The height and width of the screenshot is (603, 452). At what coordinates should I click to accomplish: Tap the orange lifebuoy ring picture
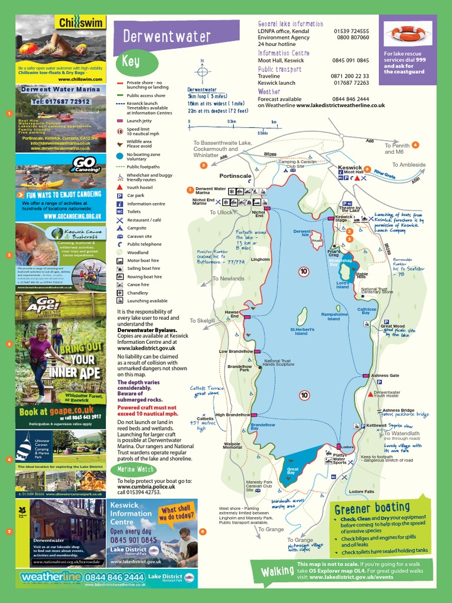click(408, 34)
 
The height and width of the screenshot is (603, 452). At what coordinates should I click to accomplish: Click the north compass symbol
click(202, 71)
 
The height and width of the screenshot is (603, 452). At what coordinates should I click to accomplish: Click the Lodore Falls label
click(361, 491)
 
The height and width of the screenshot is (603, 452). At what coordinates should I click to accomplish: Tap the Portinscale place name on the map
click(235, 176)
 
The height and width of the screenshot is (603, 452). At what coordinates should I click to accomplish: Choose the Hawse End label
click(231, 314)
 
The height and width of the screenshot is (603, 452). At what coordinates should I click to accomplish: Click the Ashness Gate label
click(385, 375)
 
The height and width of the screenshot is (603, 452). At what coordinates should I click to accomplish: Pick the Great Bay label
click(291, 471)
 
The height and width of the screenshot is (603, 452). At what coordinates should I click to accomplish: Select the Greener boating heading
click(371, 508)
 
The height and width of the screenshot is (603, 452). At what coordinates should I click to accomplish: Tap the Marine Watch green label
click(135, 469)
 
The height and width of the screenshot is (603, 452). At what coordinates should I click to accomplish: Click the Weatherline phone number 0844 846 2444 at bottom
click(114, 578)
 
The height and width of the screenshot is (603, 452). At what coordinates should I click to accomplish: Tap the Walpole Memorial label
click(232, 446)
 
